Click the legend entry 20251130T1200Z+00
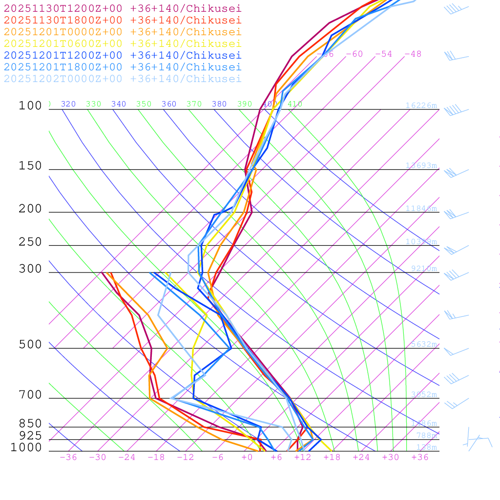click(123, 8)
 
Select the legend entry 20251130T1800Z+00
click(123, 20)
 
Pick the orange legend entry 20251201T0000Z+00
click(123, 32)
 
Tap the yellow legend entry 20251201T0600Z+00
click(123, 43)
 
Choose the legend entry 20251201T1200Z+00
click(123, 55)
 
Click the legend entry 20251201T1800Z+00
click(123, 67)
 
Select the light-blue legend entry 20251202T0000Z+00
click(123, 79)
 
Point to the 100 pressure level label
click(30, 106)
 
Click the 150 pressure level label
click(30, 166)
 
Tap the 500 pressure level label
click(30, 345)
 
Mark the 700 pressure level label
click(30, 395)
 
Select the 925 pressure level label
click(30, 436)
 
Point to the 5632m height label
click(423, 344)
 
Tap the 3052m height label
click(423, 395)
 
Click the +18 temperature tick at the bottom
click(332, 458)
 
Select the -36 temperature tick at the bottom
click(68, 458)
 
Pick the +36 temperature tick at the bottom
click(420, 458)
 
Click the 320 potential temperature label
click(68, 104)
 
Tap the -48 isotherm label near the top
click(413, 54)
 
